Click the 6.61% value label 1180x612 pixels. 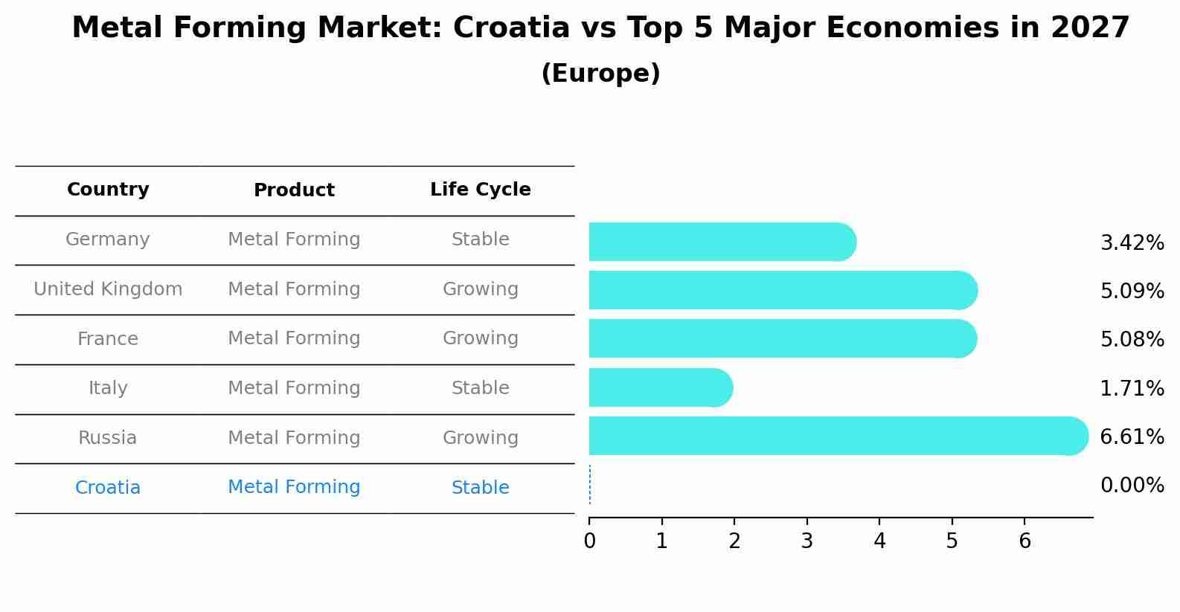pos(1132,437)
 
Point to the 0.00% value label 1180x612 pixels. pos(1132,486)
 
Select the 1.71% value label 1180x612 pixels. pos(1132,388)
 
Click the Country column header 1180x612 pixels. pos(108,190)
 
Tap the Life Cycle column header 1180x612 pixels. pos(480,190)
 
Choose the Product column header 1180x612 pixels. pos(294,190)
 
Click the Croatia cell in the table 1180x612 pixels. pos(108,488)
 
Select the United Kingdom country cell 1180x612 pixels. pos(108,289)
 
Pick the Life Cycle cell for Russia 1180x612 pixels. pos(480,438)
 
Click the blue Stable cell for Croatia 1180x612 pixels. pos(480,488)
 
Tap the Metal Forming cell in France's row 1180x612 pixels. pos(294,338)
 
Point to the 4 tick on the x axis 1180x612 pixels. pos(879,541)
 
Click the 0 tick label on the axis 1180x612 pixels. pos(589,541)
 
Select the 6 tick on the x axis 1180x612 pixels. pos(1025,541)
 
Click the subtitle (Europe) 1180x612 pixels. pos(600,74)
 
